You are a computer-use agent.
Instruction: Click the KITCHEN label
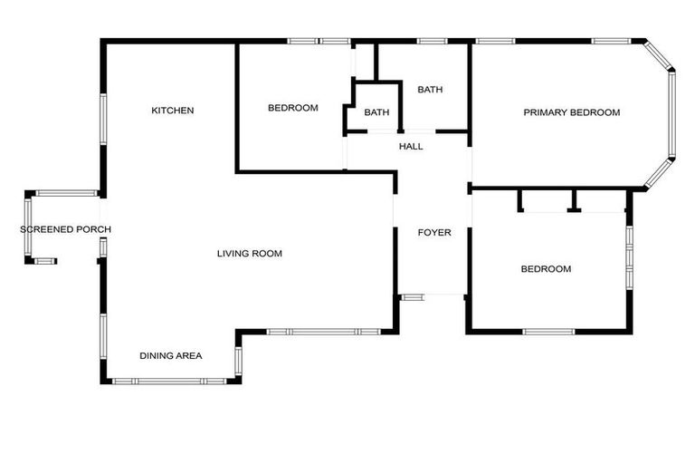pos(172,111)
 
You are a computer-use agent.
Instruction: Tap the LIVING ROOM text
pos(249,254)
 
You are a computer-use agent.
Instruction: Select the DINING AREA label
pos(170,355)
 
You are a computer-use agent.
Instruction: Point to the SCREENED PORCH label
pos(65,229)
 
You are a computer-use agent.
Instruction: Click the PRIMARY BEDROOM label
pos(572,112)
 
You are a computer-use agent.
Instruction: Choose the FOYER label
pos(433,233)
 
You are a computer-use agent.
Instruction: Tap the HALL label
pos(411,146)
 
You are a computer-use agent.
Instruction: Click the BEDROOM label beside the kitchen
pos(293,108)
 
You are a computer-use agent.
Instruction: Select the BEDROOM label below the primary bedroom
pos(546,269)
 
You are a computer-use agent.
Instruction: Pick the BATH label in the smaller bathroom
pos(376,112)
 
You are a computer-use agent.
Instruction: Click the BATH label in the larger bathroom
pos(430,90)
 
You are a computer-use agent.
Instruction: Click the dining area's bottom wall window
pos(168,381)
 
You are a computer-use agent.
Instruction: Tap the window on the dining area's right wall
pos(238,360)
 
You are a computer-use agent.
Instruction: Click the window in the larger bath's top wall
pos(432,41)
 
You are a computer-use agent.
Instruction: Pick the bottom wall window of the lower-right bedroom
pos(548,331)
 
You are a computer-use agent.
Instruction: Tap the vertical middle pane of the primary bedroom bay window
pos(672,115)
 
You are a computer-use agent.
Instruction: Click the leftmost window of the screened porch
pos(28,228)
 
